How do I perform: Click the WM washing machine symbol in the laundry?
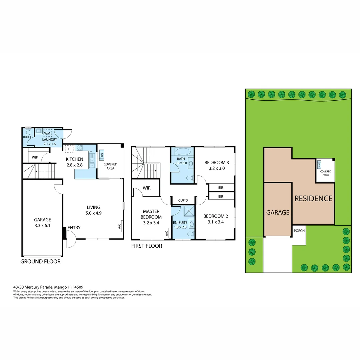(47, 133)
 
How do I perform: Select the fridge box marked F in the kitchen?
(69, 149)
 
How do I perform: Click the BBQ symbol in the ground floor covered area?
(102, 155)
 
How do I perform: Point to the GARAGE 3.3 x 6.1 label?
(42, 222)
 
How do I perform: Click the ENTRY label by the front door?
(74, 228)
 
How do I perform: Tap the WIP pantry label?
(35, 157)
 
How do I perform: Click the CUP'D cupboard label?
(183, 200)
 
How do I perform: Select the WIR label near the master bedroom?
(147, 188)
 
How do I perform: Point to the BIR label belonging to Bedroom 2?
(221, 197)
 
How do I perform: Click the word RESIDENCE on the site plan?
(313, 198)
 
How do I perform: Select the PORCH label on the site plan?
(299, 230)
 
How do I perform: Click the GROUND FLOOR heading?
(41, 262)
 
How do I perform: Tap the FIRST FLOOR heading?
(147, 246)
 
